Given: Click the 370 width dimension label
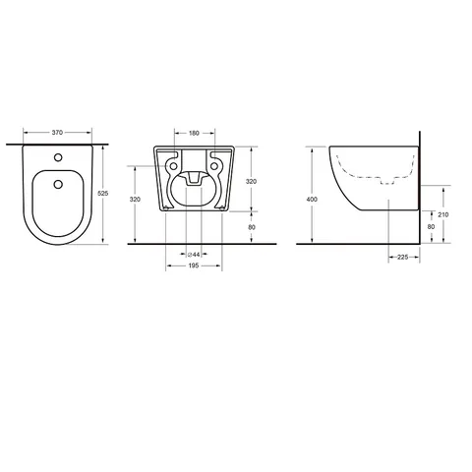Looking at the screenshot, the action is click(x=57, y=133).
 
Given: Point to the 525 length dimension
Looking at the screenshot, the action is click(x=103, y=194).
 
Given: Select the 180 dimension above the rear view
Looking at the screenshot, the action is click(x=194, y=134).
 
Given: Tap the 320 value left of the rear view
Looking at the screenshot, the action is click(x=135, y=200).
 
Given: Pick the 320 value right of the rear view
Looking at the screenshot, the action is click(x=251, y=182).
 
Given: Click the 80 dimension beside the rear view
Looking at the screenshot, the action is click(x=252, y=227).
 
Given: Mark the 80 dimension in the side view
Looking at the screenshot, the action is click(x=431, y=227).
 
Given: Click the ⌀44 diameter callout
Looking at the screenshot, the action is click(x=194, y=255).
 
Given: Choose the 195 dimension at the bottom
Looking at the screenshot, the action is click(x=194, y=265).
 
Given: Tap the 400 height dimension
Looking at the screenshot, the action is click(x=312, y=200).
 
